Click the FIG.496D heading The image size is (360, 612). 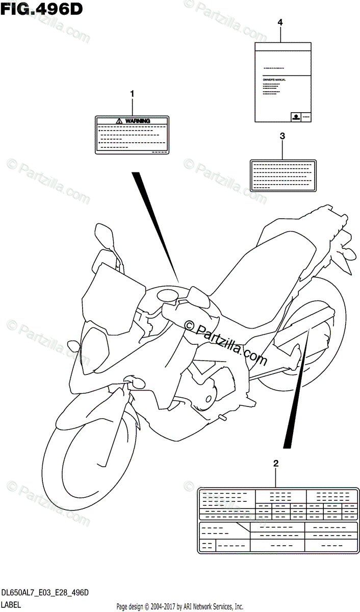[x=42, y=9]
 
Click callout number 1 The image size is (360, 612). [x=132, y=94]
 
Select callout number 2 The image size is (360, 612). [x=276, y=464]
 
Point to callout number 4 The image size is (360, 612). [x=280, y=22]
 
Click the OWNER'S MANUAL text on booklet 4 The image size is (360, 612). [x=274, y=80]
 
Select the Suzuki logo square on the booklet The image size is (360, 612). [x=295, y=117]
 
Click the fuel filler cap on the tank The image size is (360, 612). [x=167, y=294]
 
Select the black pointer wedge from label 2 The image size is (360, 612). [x=299, y=388]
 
